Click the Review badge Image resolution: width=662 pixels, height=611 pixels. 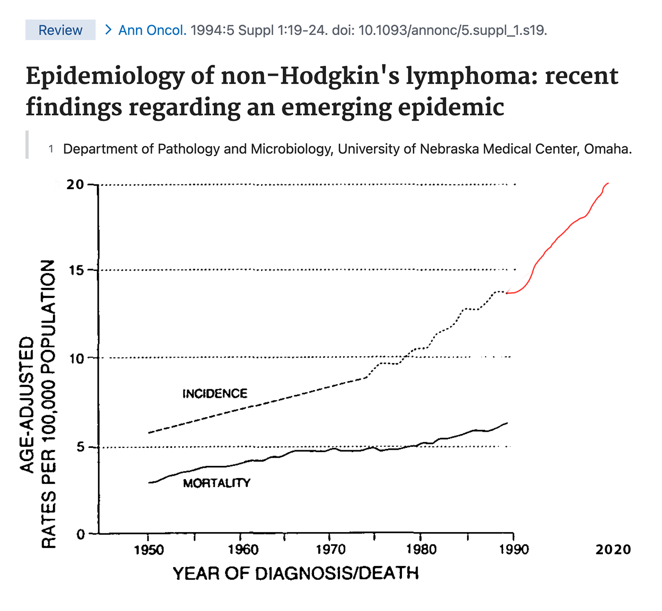(x=61, y=30)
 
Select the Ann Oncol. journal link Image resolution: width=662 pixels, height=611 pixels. (x=152, y=30)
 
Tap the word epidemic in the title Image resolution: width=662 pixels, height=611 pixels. (x=451, y=107)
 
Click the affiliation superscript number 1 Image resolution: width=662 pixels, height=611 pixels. (x=51, y=149)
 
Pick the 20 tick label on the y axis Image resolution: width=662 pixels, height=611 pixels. (x=75, y=184)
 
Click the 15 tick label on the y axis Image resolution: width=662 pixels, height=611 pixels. (x=76, y=270)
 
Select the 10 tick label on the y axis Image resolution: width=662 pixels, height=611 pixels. (x=76, y=359)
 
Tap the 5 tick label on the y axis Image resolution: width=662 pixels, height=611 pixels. (x=80, y=447)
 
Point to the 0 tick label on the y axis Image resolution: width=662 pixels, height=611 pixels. (x=81, y=534)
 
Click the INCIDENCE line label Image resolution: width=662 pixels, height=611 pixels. (x=215, y=393)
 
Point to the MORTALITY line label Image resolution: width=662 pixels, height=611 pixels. (x=217, y=483)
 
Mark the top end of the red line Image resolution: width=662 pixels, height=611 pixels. (x=609, y=183)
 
